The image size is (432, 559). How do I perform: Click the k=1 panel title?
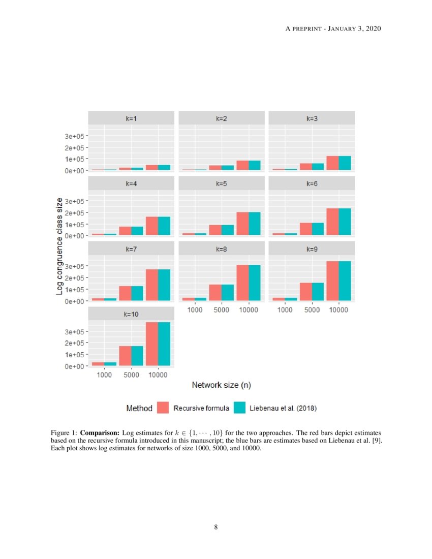coord(131,118)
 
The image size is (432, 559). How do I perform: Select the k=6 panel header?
coord(312,183)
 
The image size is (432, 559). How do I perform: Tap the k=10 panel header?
coord(131,314)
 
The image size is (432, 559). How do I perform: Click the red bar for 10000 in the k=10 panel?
coord(152,344)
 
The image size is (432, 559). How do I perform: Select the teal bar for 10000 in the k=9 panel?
coord(345,281)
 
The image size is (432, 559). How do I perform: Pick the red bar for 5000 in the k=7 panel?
coord(125,293)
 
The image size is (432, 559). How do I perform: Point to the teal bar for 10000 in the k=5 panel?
coord(254,224)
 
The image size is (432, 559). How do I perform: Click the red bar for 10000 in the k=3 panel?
coord(332,163)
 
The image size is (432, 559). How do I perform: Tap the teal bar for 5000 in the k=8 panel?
coord(227,292)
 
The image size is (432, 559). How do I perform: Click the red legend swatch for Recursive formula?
coord(163,408)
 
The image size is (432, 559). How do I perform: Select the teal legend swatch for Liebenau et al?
coord(239,408)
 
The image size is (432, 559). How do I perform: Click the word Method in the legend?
coord(139,408)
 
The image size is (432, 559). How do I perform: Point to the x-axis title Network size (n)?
coord(221,385)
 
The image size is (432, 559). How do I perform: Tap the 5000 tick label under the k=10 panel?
coord(131,375)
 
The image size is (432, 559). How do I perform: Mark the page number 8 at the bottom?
coord(216,527)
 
